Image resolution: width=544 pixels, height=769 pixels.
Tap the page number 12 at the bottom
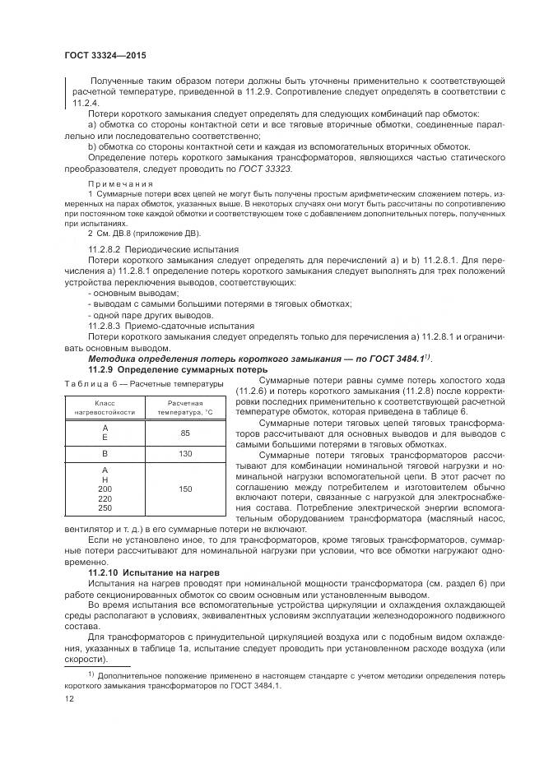tap(70, 698)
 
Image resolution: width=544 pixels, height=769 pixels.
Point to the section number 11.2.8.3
tap(105, 326)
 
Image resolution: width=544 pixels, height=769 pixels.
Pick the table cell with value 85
tap(185, 433)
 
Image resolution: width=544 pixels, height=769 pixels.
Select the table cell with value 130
tap(185, 454)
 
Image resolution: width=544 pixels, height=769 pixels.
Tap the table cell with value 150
tap(185, 489)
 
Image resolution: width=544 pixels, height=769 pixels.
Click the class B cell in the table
tap(105, 454)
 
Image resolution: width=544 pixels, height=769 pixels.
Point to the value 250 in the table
tap(105, 508)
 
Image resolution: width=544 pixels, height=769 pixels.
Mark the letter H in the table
tap(105, 479)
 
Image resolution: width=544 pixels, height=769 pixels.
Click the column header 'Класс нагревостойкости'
tap(105, 408)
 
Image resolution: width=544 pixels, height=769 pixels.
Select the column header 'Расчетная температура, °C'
tap(185, 408)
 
